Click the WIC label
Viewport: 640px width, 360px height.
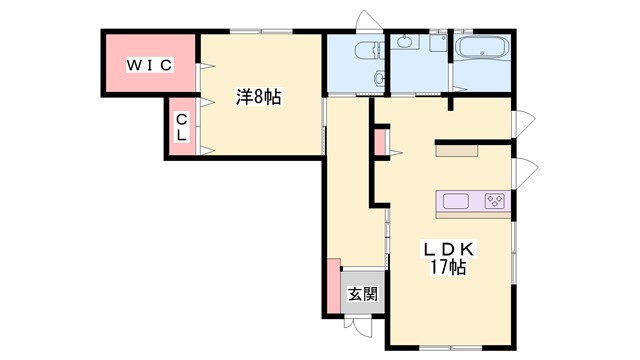point(149,65)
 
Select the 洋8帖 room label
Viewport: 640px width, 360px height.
point(258,97)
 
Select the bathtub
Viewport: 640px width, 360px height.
point(484,47)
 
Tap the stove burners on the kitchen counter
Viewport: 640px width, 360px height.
point(495,201)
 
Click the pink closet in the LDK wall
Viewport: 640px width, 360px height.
point(380,142)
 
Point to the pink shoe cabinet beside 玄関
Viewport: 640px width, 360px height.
point(331,286)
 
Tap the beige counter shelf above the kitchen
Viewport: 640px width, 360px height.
point(457,151)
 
